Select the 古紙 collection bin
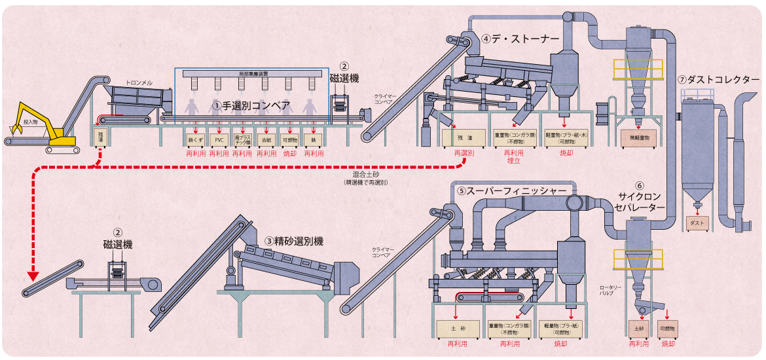(x=266, y=139)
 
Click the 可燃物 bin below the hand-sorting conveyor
(x=289, y=139)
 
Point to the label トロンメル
(x=139, y=83)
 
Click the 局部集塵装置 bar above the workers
(x=253, y=73)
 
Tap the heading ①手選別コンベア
(x=251, y=105)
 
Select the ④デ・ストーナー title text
(x=520, y=39)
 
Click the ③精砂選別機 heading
(x=294, y=241)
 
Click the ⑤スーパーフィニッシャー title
(x=511, y=190)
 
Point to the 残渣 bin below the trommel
(x=100, y=138)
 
